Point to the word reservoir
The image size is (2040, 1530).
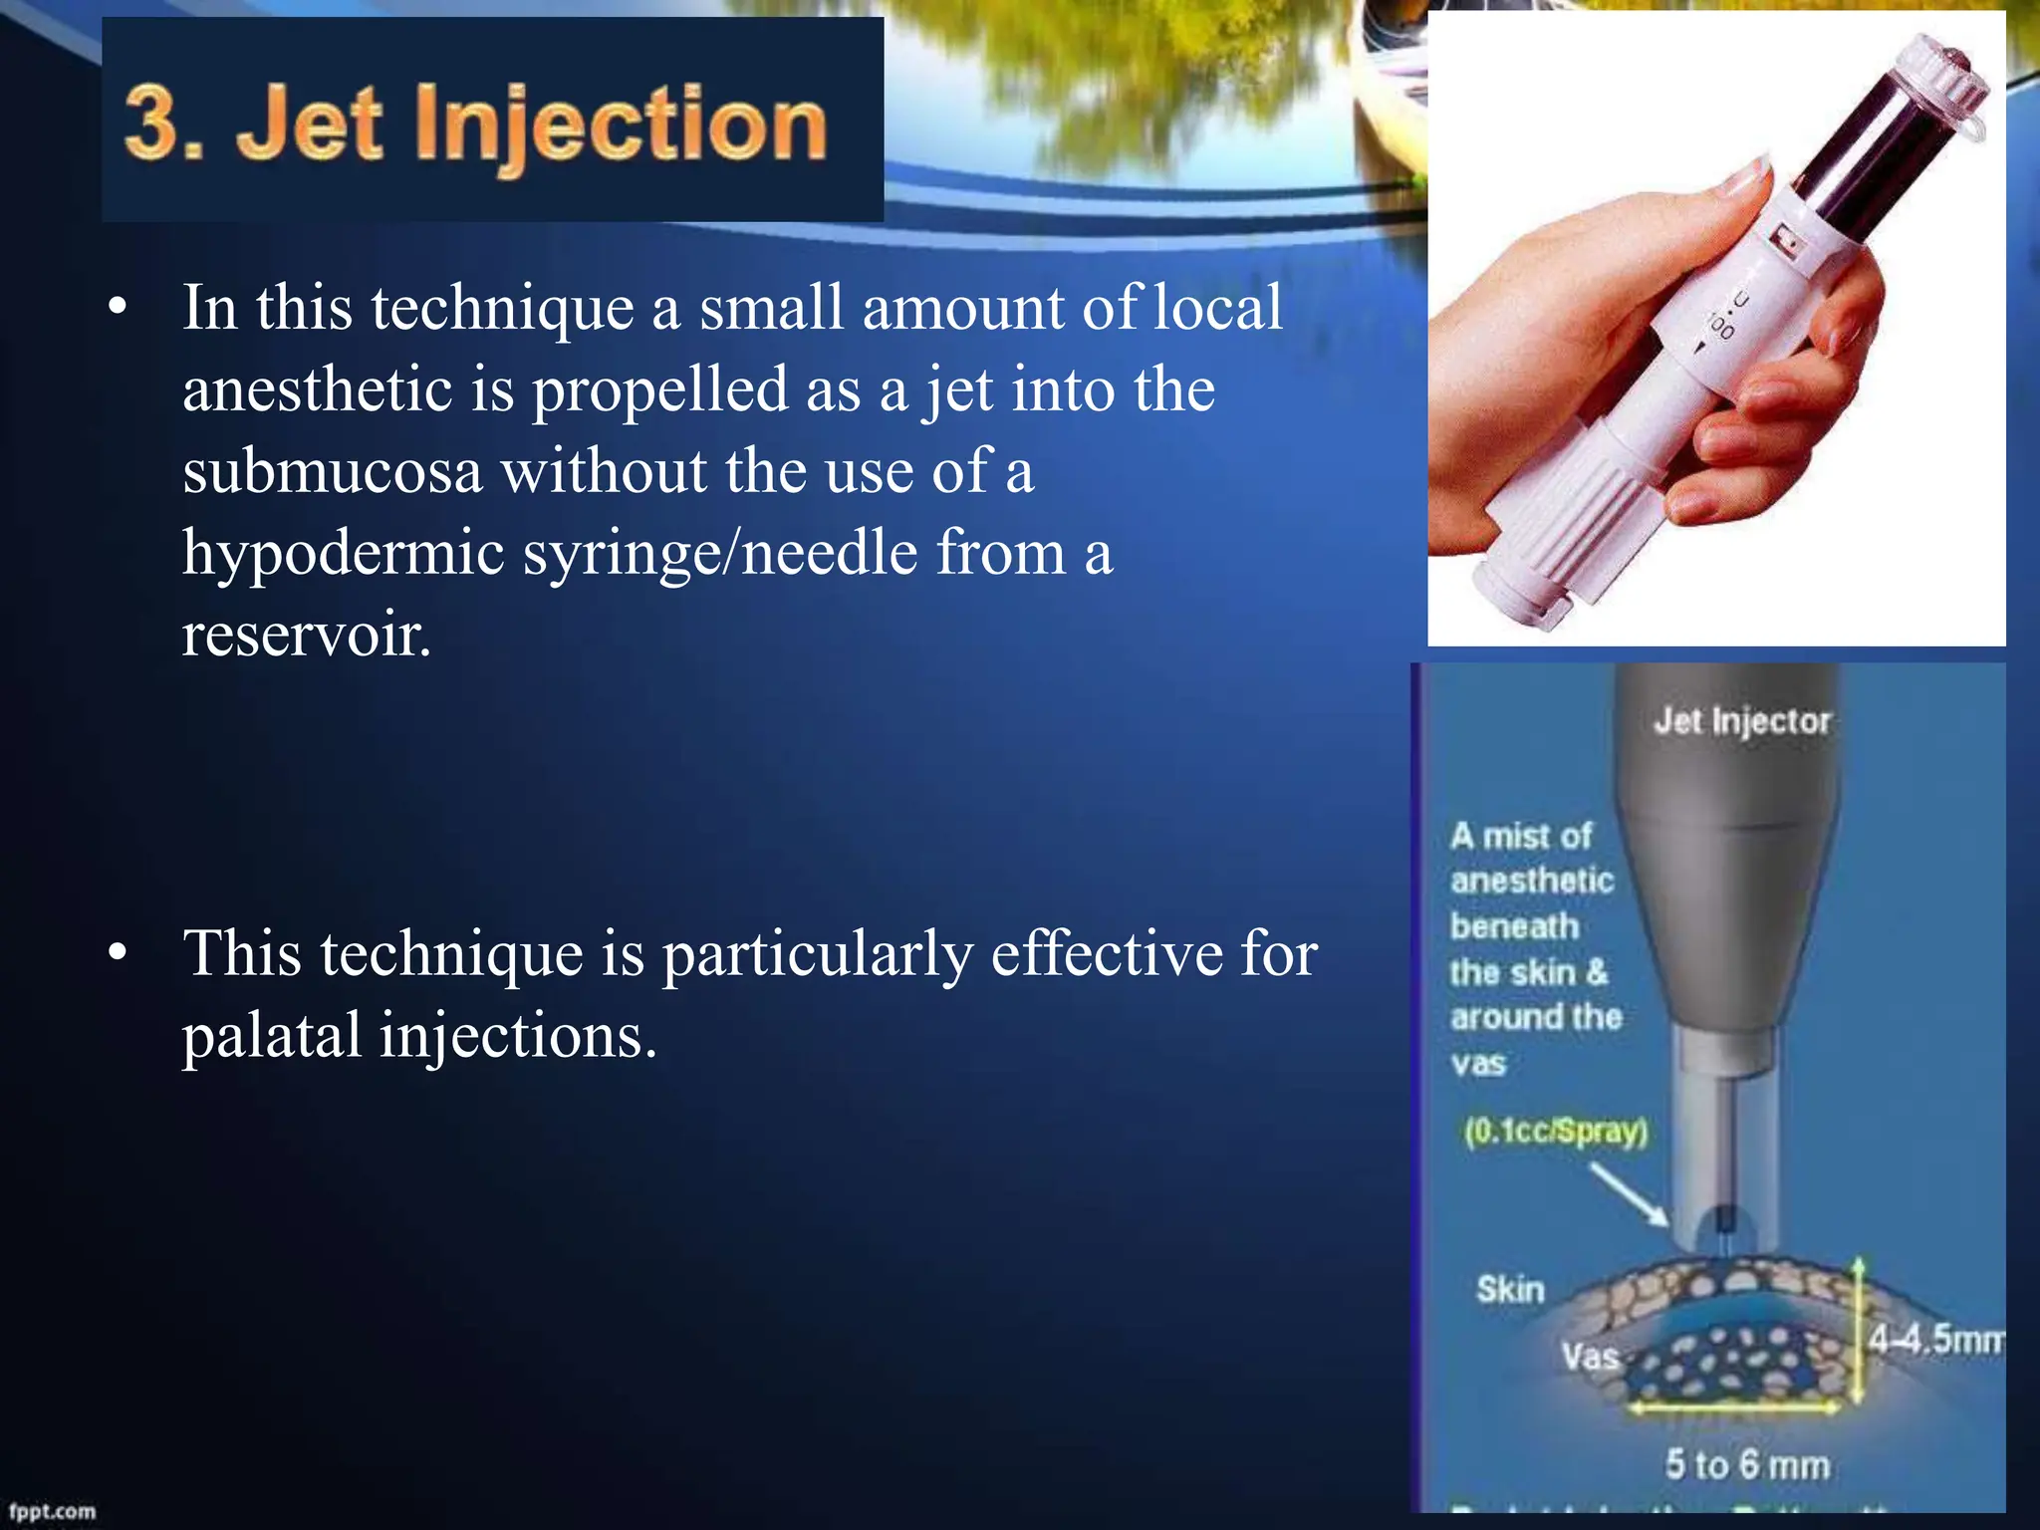(x=307, y=634)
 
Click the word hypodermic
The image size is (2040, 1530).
(x=344, y=554)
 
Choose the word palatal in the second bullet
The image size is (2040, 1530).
(x=272, y=1036)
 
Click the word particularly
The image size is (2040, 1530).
(x=817, y=955)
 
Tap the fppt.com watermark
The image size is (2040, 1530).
(x=53, y=1510)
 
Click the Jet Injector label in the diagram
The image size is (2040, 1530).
(x=1742, y=721)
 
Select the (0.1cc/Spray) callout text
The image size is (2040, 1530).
(x=1556, y=1132)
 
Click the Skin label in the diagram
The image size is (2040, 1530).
(x=1510, y=1290)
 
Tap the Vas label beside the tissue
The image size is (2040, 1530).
(x=1590, y=1357)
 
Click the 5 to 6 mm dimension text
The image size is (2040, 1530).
(x=1747, y=1465)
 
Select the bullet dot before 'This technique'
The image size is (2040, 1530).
(x=119, y=954)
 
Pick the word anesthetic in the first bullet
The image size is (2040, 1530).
(x=318, y=389)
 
